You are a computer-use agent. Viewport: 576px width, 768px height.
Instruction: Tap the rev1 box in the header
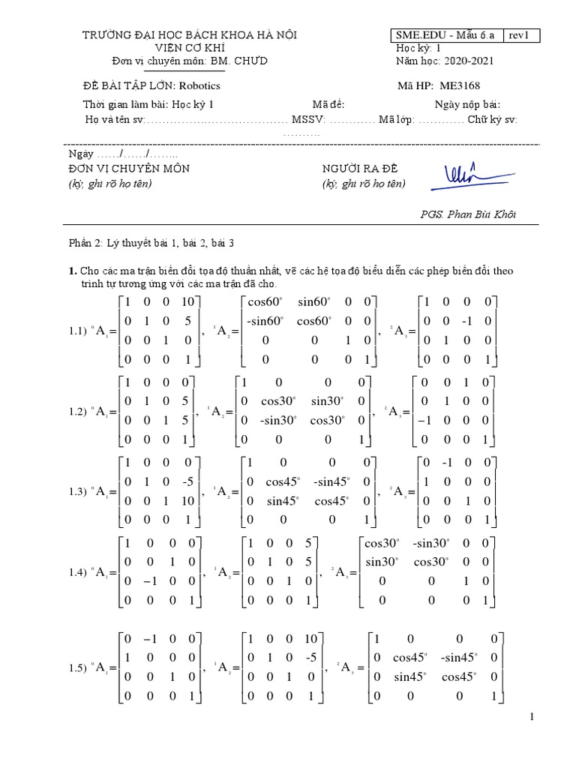coord(521,35)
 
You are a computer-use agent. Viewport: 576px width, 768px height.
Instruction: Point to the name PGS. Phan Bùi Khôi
coord(468,214)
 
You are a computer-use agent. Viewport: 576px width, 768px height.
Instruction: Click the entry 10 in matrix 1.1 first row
coord(187,301)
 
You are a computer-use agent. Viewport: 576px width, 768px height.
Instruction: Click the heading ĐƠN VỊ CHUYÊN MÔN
coord(128,169)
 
